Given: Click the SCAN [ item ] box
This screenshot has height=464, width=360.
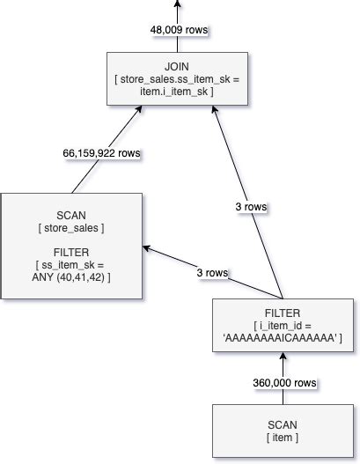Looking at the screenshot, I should pyautogui.click(x=282, y=432).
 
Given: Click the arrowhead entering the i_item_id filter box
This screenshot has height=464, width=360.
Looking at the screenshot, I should pyautogui.click(x=282, y=357).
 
